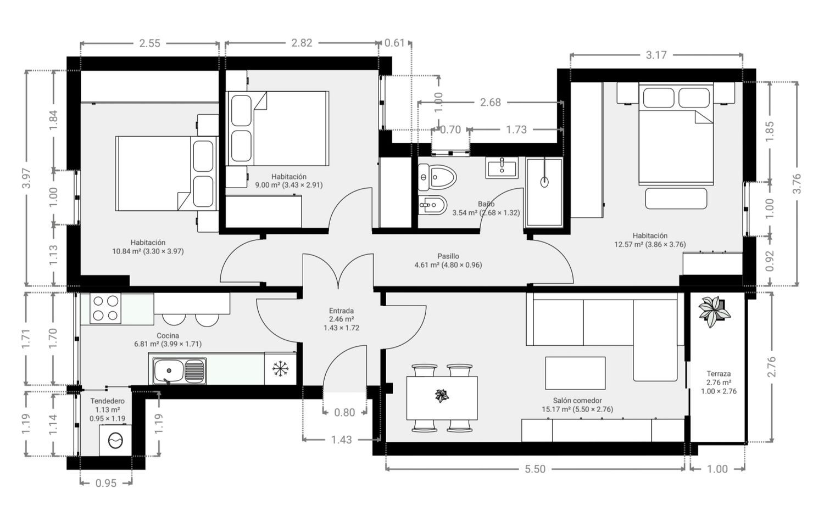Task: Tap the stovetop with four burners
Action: [x=105, y=308]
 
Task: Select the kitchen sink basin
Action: [x=169, y=371]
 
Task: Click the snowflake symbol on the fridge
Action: [x=280, y=369]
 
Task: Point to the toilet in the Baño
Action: [x=437, y=177]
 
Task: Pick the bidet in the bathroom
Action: [x=433, y=205]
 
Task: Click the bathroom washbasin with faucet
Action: [x=502, y=168]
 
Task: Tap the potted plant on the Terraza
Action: [x=714, y=312]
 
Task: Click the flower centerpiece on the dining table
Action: [x=442, y=396]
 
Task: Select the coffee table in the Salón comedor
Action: [x=575, y=373]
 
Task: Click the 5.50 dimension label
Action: [x=535, y=469]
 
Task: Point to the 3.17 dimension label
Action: [x=656, y=55]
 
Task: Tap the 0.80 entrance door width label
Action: [x=344, y=413]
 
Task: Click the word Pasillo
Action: [x=448, y=256]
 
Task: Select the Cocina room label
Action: [x=168, y=335]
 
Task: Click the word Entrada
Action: [x=341, y=311]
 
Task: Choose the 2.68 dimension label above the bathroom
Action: [x=491, y=102]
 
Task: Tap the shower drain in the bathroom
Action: [x=544, y=182]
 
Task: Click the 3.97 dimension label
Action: [x=26, y=178]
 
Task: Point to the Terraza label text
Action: [x=719, y=374]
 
